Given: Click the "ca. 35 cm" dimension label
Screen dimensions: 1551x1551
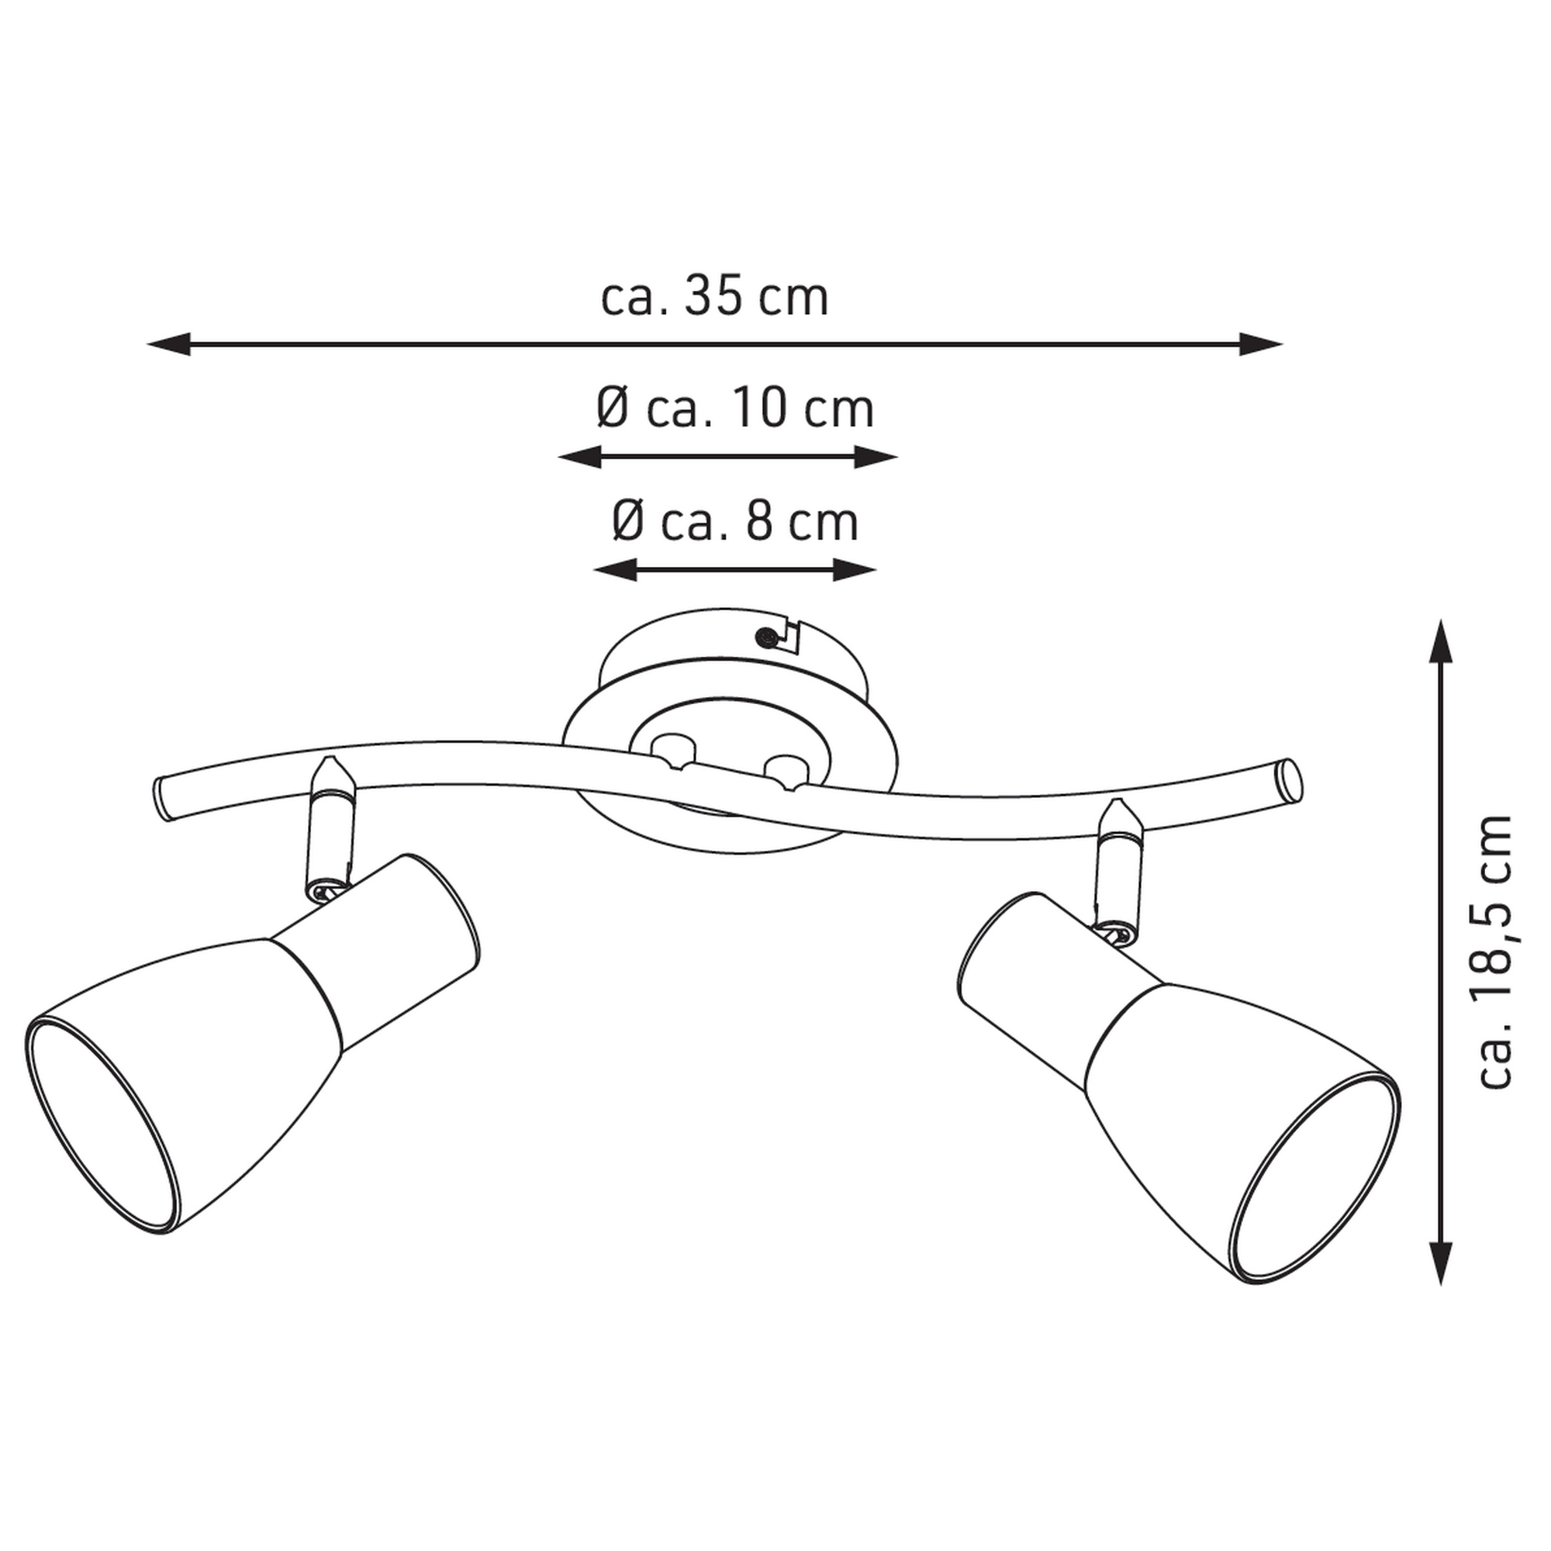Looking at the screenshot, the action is coord(714,298).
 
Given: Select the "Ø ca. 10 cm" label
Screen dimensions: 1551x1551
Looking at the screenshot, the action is coord(735,409).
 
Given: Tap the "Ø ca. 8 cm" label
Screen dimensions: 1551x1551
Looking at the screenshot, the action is coord(735,522).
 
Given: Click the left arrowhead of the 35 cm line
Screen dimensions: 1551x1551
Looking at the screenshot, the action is coord(168,344).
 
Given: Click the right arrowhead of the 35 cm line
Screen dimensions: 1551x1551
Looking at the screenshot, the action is coord(1261,344).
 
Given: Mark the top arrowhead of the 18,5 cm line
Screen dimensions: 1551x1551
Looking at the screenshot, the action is coord(1442,641).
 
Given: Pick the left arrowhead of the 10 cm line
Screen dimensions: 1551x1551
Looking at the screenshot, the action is coord(579,458).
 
